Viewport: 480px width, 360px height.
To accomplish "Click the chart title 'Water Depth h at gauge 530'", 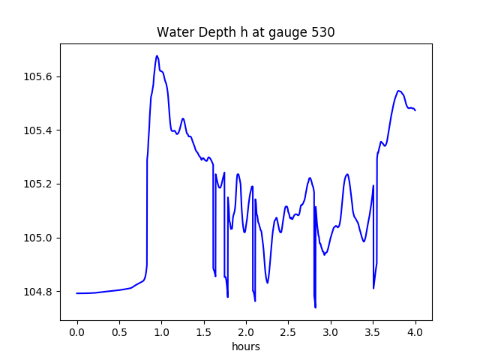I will coord(245,32).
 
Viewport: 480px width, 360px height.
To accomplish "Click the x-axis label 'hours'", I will coord(246,347).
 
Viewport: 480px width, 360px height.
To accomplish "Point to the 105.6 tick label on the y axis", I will coord(39,76).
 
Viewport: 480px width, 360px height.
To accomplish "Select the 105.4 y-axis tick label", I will coord(39,130).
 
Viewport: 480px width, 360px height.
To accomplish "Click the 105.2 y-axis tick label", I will coord(39,184).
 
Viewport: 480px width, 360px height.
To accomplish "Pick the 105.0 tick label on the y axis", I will coord(39,238).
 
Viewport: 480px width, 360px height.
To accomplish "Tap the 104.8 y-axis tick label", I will coord(39,291).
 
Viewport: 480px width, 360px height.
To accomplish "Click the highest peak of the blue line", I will coord(157,55).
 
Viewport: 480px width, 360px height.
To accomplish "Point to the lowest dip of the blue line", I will coord(315,307).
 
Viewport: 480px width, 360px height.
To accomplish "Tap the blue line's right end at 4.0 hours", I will coord(415,110).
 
